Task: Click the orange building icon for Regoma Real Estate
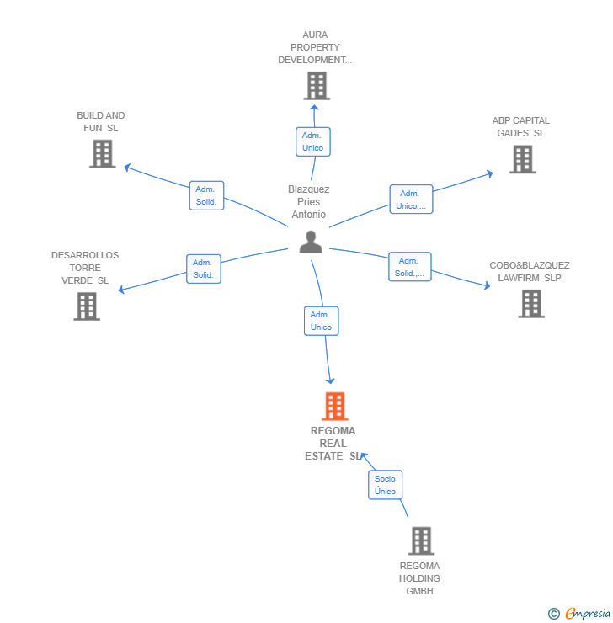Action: click(334, 406)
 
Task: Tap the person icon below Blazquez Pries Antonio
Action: click(311, 242)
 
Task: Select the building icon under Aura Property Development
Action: click(317, 85)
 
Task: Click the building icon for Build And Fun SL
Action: click(103, 154)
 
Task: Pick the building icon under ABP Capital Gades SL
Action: click(523, 159)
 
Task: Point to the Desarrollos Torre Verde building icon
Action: click(87, 306)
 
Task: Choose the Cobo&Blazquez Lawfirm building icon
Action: click(531, 304)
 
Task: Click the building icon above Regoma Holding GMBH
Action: click(421, 540)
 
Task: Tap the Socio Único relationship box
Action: click(385, 485)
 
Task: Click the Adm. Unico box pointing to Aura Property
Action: click(313, 141)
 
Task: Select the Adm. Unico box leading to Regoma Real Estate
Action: click(322, 321)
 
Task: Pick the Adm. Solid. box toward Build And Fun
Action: click(206, 195)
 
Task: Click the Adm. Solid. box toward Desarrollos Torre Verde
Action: click(204, 269)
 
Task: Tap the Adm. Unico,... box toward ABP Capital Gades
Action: click(411, 200)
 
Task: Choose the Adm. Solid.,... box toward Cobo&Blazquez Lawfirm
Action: click(410, 267)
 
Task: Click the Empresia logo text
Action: click(588, 613)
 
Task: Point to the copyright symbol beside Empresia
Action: click(554, 614)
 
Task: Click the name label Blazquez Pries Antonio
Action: click(309, 202)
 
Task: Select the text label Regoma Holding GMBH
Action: click(419, 578)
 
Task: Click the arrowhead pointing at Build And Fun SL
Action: click(127, 168)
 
